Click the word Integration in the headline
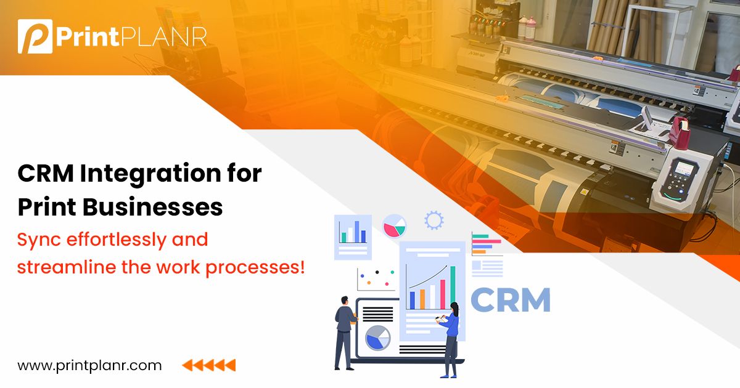click(x=160, y=174)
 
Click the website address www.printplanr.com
click(x=89, y=365)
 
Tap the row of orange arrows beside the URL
click(x=209, y=365)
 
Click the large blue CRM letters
click(x=510, y=300)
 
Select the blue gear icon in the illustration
click(x=434, y=220)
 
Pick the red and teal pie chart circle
click(x=394, y=226)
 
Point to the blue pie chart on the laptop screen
click(x=377, y=337)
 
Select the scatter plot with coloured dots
click(x=376, y=279)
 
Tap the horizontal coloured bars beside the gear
click(x=487, y=244)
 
